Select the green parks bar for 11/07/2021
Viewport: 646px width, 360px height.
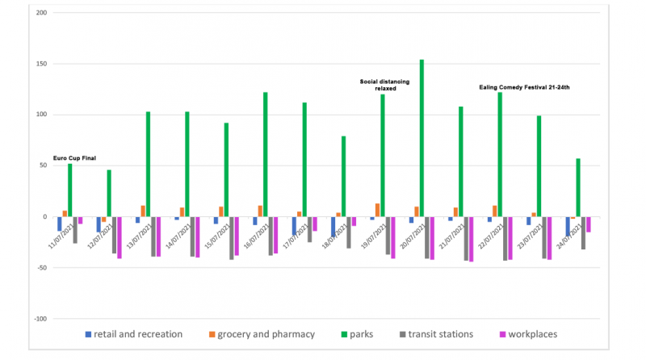click(69, 190)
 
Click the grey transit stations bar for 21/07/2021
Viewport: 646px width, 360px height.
click(466, 238)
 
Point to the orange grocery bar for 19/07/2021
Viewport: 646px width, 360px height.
click(377, 210)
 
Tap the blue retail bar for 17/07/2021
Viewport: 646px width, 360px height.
click(294, 226)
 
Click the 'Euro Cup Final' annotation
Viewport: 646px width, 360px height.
click(74, 158)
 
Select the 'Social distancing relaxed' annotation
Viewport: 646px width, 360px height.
click(384, 85)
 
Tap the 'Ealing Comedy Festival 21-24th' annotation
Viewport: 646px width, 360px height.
click(525, 86)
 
